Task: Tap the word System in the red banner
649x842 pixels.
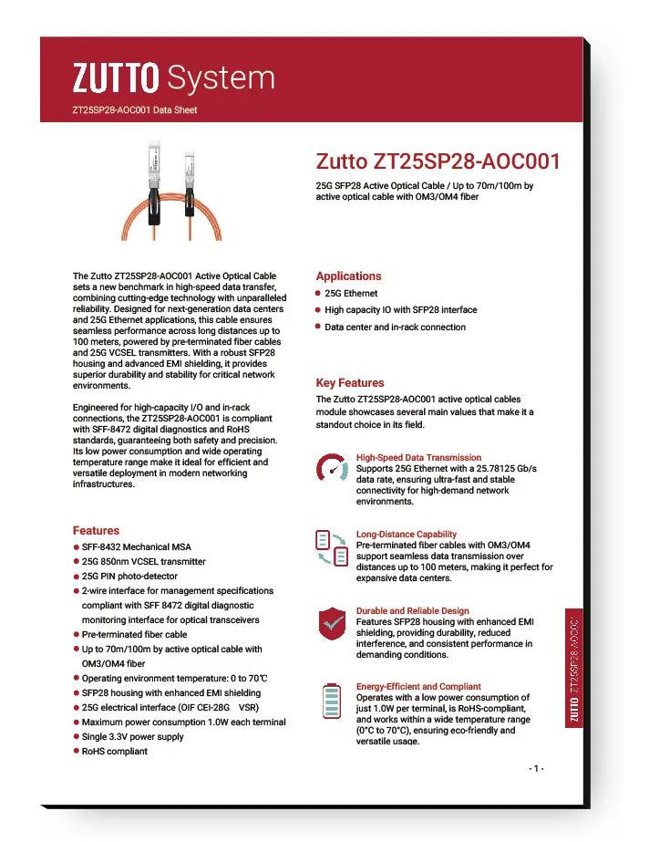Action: click(221, 78)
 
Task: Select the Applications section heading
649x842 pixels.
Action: click(348, 275)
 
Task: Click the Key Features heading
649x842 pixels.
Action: click(350, 382)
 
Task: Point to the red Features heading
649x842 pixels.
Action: click(96, 530)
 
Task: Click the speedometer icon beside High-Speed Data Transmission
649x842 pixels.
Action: click(331, 469)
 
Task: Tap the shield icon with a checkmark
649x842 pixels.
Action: click(331, 624)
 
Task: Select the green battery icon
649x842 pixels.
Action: click(331, 701)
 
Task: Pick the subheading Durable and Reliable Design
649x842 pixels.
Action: click(412, 610)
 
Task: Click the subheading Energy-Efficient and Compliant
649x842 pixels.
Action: click(418, 686)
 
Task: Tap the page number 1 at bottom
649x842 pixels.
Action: click(537, 768)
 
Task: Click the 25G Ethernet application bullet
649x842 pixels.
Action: click(351, 294)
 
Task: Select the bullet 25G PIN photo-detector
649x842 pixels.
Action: click(129, 576)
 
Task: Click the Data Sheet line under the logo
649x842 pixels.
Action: click(134, 110)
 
